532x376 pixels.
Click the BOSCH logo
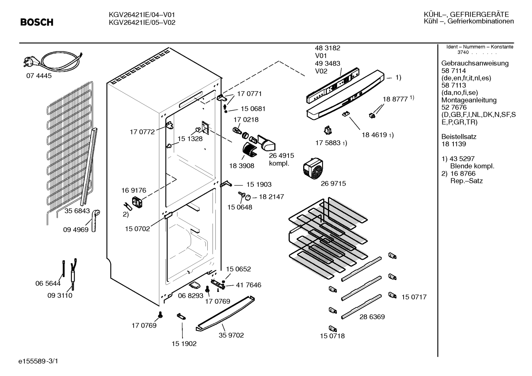pyautogui.click(x=37, y=22)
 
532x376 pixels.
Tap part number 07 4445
pyautogui.click(x=39, y=76)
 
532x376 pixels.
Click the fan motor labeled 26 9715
pyautogui.click(x=313, y=168)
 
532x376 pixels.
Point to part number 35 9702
pyautogui.click(x=231, y=335)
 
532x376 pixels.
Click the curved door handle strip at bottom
pyautogui.click(x=225, y=314)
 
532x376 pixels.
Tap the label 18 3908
pyautogui.click(x=242, y=166)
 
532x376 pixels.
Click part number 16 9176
pyautogui.click(x=134, y=190)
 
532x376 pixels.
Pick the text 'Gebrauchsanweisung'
pyautogui.click(x=475, y=63)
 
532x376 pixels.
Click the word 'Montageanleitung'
pyautogui.click(x=469, y=100)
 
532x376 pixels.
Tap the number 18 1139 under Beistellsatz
pyautogui.click(x=454, y=144)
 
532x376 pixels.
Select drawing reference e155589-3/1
pyautogui.click(x=38, y=361)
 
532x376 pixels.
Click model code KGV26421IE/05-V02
pyautogui.click(x=142, y=23)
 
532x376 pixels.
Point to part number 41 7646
pyautogui.click(x=248, y=285)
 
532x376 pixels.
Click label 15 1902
pyautogui.click(x=184, y=344)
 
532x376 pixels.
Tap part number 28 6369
pyautogui.click(x=372, y=317)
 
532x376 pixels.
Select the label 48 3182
pyautogui.click(x=328, y=48)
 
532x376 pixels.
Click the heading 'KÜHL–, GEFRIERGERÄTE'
pyautogui.click(x=466, y=14)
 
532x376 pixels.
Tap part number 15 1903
pyautogui.click(x=259, y=184)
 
